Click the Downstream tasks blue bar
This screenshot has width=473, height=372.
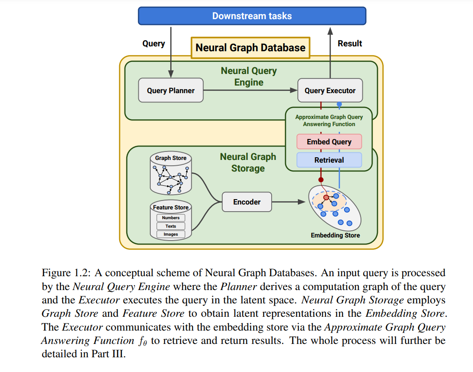(x=252, y=16)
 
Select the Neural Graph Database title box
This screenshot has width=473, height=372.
(x=250, y=48)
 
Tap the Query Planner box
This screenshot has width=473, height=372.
(x=171, y=90)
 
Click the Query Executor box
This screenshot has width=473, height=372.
(x=330, y=90)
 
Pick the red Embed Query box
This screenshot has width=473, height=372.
(x=329, y=142)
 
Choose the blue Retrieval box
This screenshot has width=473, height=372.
(x=329, y=160)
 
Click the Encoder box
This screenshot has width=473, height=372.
(x=247, y=202)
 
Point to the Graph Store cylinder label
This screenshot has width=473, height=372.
(x=171, y=158)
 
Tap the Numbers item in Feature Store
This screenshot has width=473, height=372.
(x=171, y=218)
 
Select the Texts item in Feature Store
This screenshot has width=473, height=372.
(x=171, y=226)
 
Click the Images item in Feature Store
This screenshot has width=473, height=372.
(x=171, y=234)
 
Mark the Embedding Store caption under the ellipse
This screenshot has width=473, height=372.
(x=335, y=235)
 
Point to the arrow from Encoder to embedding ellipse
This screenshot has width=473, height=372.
(x=289, y=202)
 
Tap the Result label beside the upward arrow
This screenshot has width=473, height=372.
(x=350, y=43)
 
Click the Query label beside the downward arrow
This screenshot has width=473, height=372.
(x=153, y=43)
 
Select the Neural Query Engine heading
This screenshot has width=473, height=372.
(x=249, y=77)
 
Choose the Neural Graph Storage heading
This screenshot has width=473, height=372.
(x=248, y=163)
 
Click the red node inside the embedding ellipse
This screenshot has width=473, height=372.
(x=326, y=197)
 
